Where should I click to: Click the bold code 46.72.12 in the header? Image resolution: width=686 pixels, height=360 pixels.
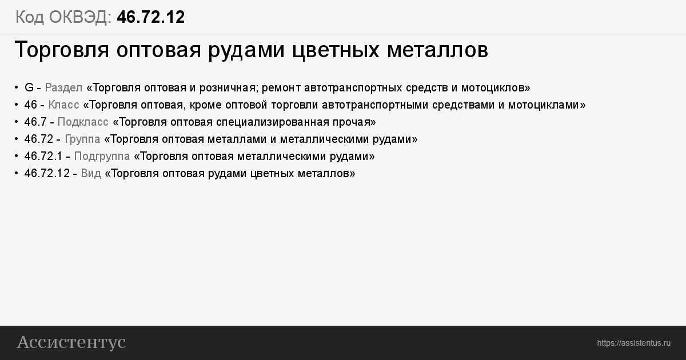tap(151, 17)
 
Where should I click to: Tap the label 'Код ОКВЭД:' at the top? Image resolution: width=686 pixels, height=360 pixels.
tap(63, 17)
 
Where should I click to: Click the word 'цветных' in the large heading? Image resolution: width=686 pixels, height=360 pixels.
tap(336, 50)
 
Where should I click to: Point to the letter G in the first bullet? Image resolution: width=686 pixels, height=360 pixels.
tap(29, 87)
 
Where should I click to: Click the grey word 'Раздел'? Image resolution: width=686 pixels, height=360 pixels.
tap(63, 88)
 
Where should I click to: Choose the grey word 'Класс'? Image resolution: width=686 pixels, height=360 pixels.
tap(63, 105)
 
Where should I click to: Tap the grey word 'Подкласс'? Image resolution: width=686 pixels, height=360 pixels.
tap(83, 122)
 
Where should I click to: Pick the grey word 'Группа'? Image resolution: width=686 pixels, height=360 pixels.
tap(82, 139)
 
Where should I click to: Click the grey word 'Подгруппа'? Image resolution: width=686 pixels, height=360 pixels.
tap(102, 157)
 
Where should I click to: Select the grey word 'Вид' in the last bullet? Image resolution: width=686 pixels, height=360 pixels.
tap(91, 174)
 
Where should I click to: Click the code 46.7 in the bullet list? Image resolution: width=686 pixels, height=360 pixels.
tap(35, 122)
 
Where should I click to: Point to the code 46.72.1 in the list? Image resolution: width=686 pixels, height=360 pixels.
tap(43, 156)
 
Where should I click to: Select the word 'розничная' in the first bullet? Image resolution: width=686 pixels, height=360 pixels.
tap(228, 88)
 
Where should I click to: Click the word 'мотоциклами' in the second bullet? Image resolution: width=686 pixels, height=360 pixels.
tap(544, 105)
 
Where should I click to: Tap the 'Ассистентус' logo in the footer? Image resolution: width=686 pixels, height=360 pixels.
tap(71, 342)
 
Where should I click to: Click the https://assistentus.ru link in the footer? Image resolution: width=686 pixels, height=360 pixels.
tap(634, 343)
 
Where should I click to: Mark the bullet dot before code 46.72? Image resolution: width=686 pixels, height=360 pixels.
tap(17, 139)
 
